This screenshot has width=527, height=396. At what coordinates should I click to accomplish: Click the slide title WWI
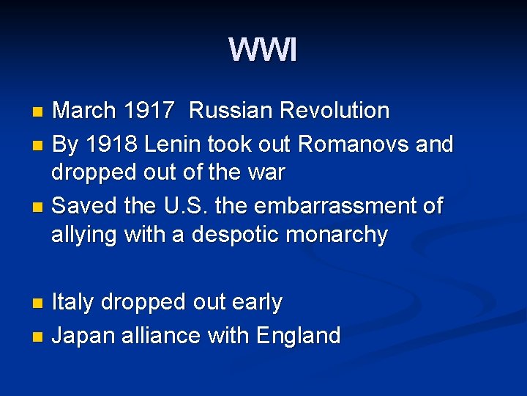click(263, 51)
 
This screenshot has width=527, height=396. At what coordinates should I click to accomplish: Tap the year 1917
click(149, 111)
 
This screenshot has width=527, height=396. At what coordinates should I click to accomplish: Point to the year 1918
click(111, 144)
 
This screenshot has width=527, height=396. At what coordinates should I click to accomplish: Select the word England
click(298, 335)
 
